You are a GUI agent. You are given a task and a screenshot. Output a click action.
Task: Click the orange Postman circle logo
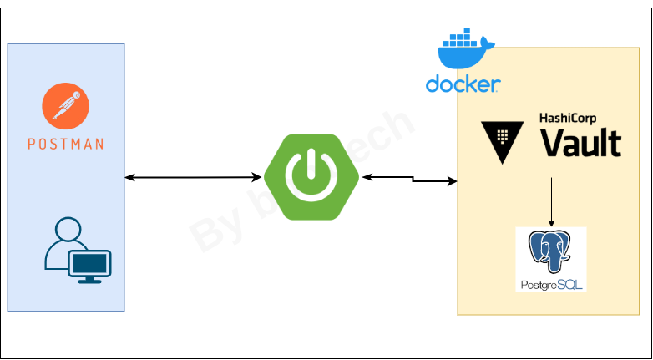[66, 106]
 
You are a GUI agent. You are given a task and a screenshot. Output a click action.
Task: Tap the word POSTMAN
[66, 144]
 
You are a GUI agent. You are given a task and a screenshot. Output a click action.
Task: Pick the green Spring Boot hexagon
[311, 177]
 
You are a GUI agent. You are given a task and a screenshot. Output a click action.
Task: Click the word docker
[463, 84]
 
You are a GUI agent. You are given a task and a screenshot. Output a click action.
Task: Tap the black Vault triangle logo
[502, 139]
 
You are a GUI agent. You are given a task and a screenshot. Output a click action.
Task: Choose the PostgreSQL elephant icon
[551, 251]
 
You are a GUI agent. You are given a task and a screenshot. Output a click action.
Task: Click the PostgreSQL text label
[551, 285]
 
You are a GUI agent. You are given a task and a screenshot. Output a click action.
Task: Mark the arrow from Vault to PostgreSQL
[551, 200]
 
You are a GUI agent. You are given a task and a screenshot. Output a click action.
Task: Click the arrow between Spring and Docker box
[409, 178]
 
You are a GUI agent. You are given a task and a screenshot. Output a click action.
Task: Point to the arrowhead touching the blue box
[129, 177]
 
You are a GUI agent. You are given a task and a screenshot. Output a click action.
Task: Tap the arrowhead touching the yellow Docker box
[453, 181]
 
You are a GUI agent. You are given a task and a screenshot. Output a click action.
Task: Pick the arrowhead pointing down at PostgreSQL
[551, 223]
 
